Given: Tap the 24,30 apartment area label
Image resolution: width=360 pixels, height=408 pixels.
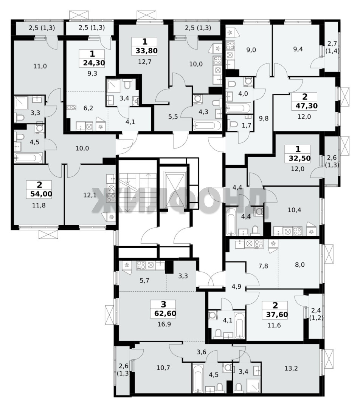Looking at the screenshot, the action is click(x=92, y=63).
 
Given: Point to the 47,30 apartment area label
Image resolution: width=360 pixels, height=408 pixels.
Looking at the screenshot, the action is click(x=305, y=106).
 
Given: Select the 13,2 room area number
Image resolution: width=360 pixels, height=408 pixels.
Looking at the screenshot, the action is click(x=291, y=368).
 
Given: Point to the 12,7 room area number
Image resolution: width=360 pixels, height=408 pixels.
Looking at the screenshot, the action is click(x=145, y=62).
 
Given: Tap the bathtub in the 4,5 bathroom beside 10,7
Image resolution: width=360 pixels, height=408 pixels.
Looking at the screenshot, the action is click(x=199, y=379).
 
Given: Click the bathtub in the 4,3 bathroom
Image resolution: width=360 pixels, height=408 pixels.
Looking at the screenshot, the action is click(x=207, y=126).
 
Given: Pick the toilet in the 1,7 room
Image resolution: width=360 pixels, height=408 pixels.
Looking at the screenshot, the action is click(x=232, y=124).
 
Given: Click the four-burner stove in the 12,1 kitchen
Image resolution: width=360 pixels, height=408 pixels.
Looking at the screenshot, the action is click(x=111, y=198).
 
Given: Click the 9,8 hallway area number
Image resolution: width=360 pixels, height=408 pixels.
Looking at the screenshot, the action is click(x=264, y=118).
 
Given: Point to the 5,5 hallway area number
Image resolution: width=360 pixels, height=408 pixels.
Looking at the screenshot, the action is click(x=173, y=117).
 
